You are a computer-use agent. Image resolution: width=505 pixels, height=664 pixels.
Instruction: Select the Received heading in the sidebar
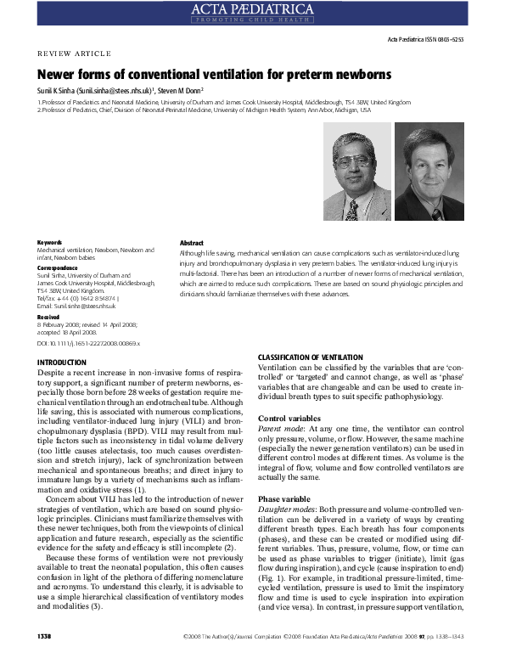pos(49,316)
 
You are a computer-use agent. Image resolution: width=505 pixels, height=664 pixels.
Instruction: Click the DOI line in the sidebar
pos(89,343)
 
